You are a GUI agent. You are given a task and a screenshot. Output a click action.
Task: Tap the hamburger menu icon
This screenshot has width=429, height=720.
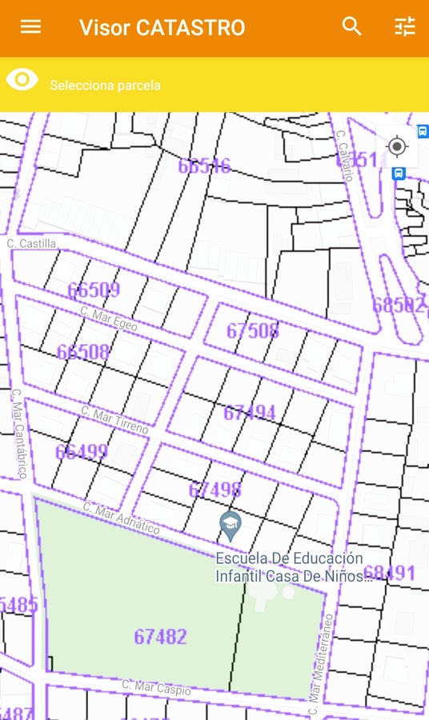[30, 27]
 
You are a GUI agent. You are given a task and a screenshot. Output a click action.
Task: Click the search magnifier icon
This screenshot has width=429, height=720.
[352, 27]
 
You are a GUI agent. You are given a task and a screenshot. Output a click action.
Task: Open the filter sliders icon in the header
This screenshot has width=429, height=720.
[405, 27]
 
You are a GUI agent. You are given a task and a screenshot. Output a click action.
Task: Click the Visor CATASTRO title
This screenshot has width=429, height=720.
[162, 28]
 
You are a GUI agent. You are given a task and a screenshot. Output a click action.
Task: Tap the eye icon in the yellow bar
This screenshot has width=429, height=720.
[22, 79]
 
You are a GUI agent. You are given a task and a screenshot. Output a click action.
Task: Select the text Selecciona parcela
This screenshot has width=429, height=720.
[105, 86]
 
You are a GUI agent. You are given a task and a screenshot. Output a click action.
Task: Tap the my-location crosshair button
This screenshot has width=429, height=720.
[397, 147]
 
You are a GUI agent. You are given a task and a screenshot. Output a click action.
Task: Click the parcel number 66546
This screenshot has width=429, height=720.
[204, 166]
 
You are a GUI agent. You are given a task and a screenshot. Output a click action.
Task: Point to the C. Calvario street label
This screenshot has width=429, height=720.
[345, 156]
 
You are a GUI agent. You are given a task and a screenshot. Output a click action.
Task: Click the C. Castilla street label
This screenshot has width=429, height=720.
[32, 243]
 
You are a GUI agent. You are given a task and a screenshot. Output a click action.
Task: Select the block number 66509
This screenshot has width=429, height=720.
[94, 290]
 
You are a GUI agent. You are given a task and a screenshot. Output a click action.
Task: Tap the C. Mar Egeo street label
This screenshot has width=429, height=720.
[109, 318]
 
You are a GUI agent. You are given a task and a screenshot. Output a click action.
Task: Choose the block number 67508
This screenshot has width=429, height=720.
[252, 330]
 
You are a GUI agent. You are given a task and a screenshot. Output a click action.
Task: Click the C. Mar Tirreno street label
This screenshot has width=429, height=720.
[115, 420]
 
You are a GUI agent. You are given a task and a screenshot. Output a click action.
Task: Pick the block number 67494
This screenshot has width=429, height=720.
[249, 413]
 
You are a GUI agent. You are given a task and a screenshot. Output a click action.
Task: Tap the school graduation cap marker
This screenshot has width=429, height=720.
[231, 524]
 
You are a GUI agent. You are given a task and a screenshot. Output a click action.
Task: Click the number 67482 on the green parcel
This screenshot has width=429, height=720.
[160, 637]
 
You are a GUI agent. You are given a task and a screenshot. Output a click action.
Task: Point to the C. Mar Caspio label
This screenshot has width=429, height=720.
[156, 687]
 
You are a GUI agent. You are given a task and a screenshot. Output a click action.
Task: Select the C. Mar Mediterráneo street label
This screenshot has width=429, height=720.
[320, 664]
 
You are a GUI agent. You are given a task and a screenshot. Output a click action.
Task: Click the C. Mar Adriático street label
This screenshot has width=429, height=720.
[122, 519]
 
